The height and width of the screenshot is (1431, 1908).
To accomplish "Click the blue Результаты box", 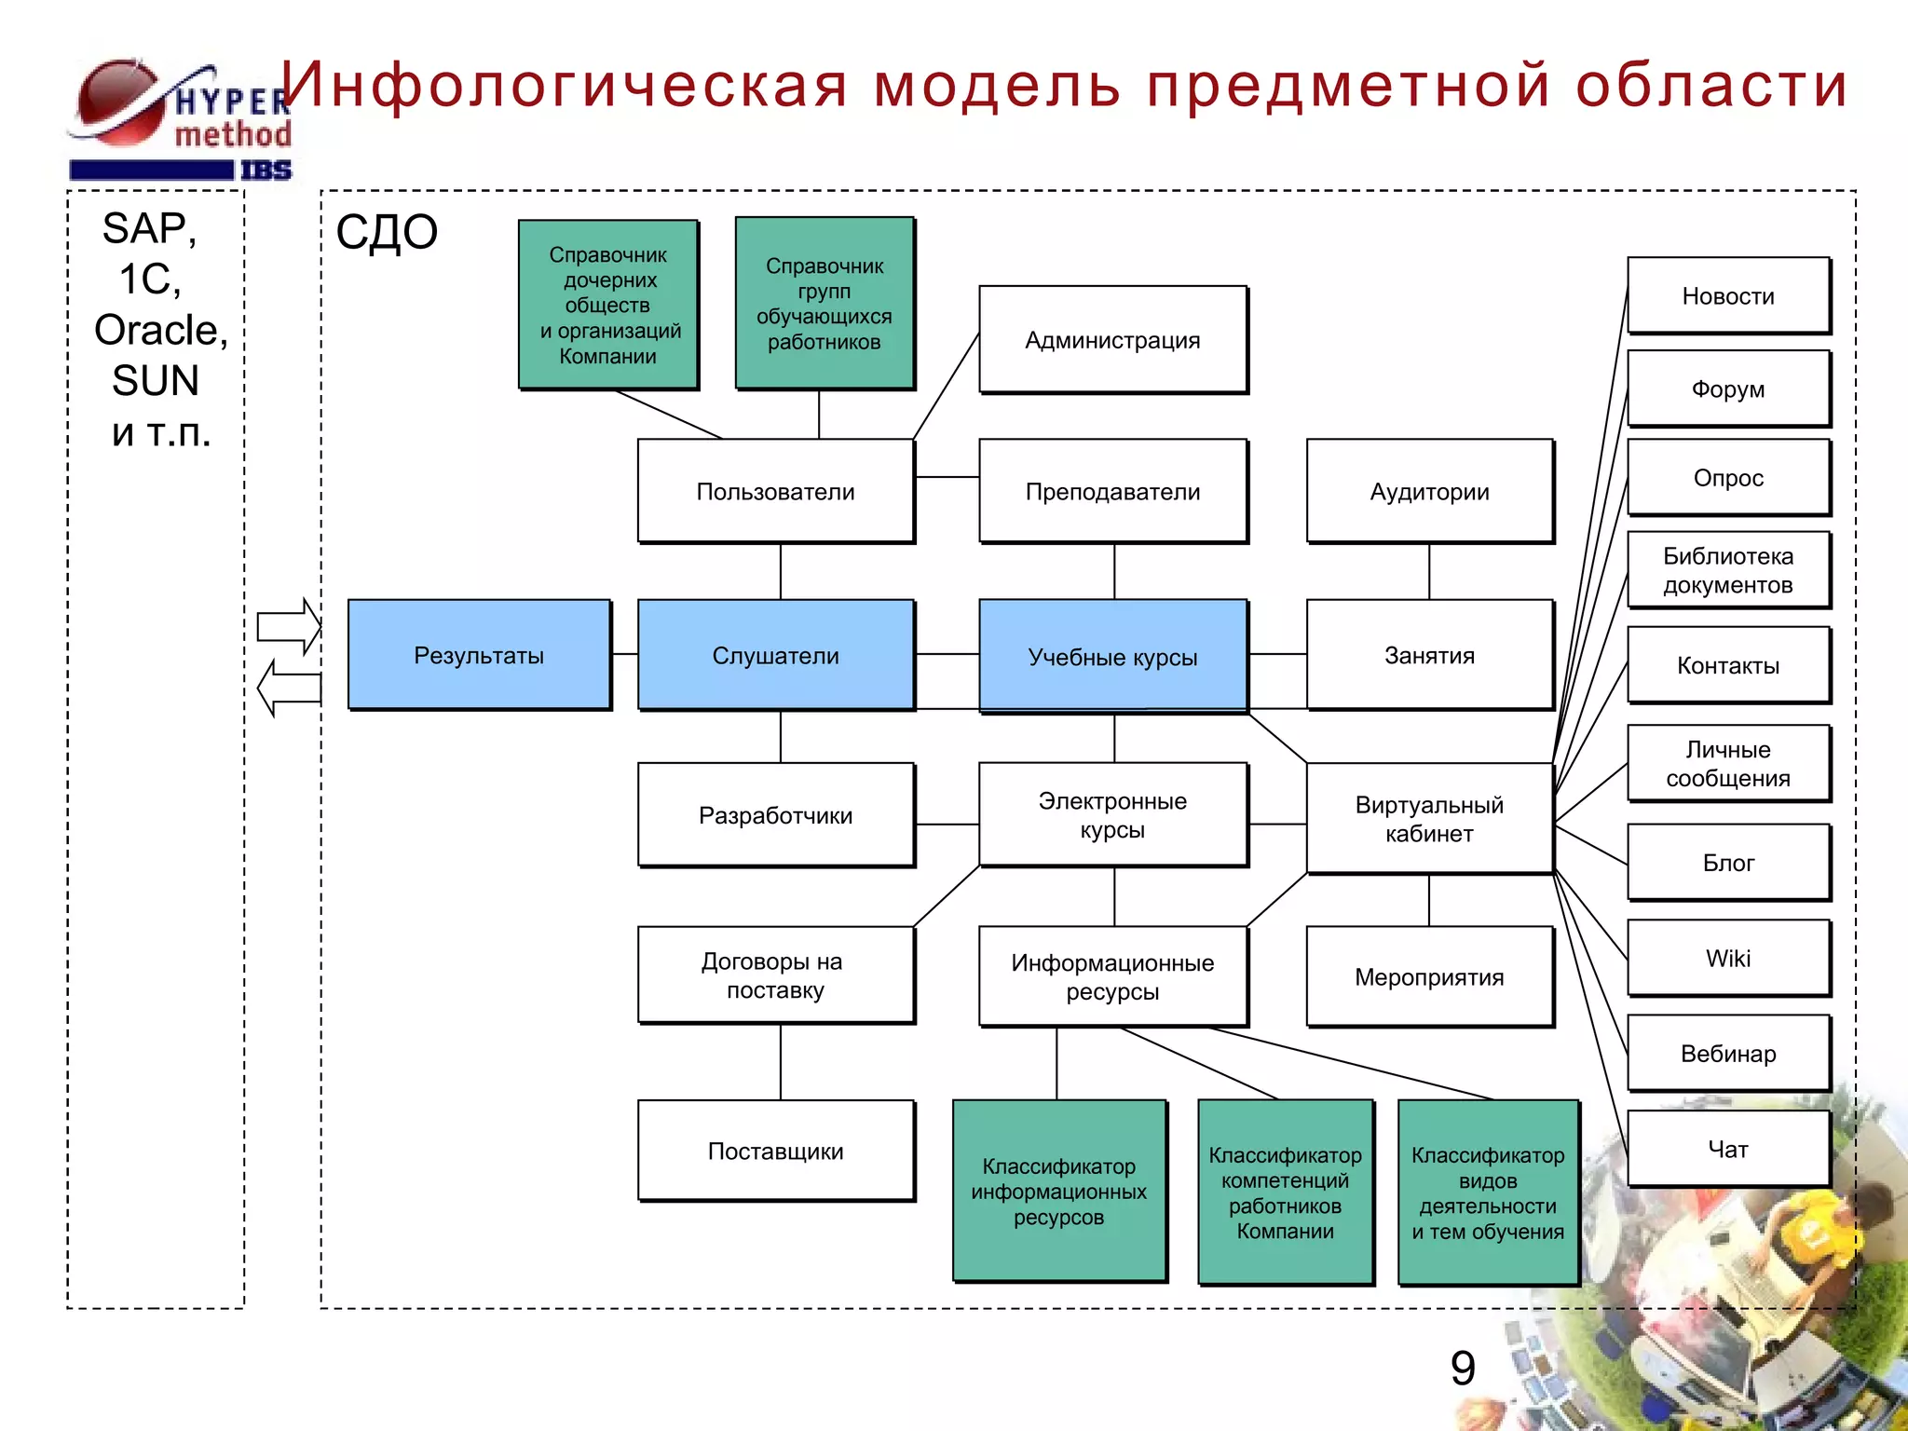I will [x=479, y=654].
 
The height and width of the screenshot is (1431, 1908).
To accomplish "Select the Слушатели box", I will [x=775, y=654].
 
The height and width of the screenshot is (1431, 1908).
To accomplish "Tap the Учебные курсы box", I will [x=1112, y=656].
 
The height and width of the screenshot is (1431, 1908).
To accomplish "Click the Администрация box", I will [x=1112, y=339].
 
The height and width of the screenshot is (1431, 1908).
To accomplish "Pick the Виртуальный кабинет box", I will [x=1429, y=818].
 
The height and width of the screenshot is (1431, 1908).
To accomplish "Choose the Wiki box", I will [x=1728, y=958].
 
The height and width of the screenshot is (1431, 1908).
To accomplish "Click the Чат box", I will [x=1728, y=1148].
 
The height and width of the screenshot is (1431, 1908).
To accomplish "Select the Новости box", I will [x=1728, y=295].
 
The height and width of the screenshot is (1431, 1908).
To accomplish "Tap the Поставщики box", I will [x=775, y=1151].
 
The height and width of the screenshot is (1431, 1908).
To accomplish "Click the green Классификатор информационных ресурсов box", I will [x=1058, y=1191].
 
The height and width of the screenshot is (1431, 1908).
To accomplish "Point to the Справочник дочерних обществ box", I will [x=608, y=305].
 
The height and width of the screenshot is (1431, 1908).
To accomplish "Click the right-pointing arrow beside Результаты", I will [x=289, y=626].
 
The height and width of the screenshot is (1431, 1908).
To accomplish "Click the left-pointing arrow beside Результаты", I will [x=289, y=688].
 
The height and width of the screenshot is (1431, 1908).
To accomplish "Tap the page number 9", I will [x=1463, y=1368].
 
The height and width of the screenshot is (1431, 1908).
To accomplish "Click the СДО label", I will [x=387, y=232].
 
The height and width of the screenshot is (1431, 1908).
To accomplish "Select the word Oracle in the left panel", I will [x=160, y=330].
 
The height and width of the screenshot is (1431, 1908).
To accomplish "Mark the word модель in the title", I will [x=997, y=85].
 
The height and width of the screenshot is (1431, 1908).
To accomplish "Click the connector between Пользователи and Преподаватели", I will [x=947, y=477].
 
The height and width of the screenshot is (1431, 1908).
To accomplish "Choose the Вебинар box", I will [x=1728, y=1053].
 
